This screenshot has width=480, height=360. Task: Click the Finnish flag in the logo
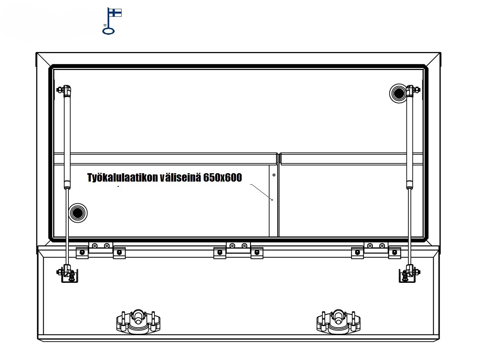tap(115, 13)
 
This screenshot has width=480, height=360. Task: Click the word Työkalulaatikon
tap(122, 178)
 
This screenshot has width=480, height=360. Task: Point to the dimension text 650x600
tap(222, 177)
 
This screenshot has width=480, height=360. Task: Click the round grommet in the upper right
tap(398, 93)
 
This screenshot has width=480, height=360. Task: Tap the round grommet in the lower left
tap(78, 213)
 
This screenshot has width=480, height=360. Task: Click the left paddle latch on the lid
tap(138, 322)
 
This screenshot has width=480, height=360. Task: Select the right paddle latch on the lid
tap(338, 322)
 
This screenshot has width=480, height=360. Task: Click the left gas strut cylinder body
tap(67, 140)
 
